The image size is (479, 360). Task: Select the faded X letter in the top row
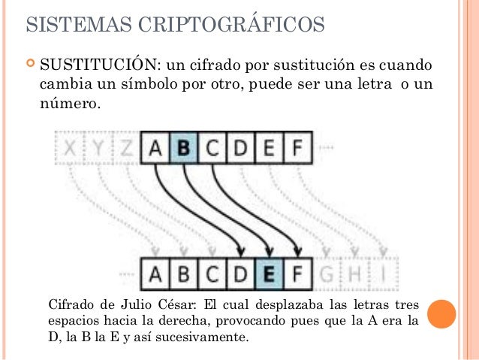click(x=69, y=149)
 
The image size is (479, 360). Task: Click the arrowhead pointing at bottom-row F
click(x=299, y=250)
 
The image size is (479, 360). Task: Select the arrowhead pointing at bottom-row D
click(x=241, y=250)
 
